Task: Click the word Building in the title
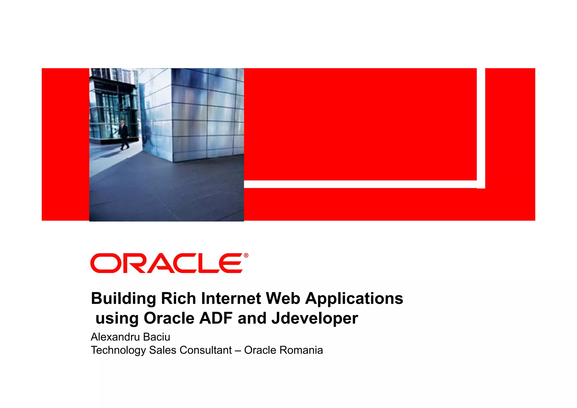[x=124, y=299]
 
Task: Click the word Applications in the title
[x=354, y=299]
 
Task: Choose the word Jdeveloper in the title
[x=314, y=319]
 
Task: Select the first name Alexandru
[x=115, y=337]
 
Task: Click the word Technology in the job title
[x=118, y=350]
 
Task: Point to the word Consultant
[x=205, y=350]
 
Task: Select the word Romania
[x=301, y=350]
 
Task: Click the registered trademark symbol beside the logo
[x=246, y=255]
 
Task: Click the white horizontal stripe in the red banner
[x=361, y=184]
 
